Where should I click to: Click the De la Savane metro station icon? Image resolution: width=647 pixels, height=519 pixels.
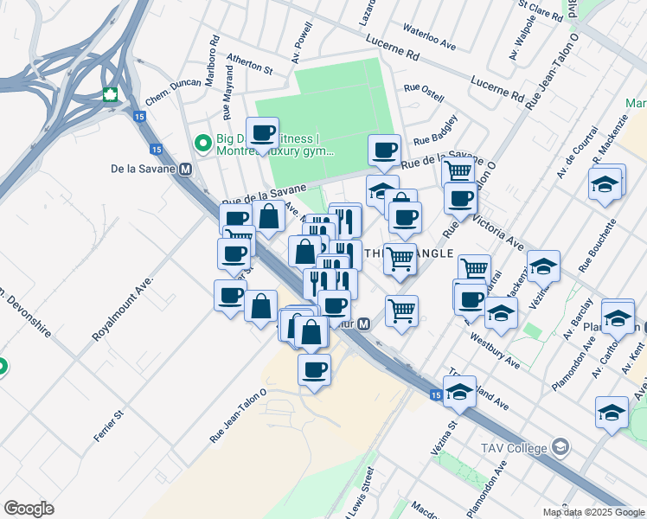pyautogui.click(x=185, y=170)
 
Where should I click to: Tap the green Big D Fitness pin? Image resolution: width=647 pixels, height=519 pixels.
pyautogui.click(x=202, y=143)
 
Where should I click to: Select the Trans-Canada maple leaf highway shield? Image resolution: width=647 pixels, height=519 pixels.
pyautogui.click(x=110, y=94)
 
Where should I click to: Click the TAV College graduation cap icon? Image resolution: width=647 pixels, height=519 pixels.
pyautogui.click(x=561, y=447)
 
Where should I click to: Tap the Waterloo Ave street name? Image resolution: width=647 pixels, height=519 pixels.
pyautogui.click(x=428, y=36)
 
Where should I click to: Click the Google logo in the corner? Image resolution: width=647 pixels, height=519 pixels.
pyautogui.click(x=29, y=509)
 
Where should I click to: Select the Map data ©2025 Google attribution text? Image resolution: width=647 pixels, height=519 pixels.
pyautogui.click(x=593, y=512)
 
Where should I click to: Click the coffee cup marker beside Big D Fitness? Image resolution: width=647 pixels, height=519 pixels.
pyautogui.click(x=262, y=133)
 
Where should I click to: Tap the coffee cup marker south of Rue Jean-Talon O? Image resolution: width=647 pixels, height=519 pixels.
pyautogui.click(x=314, y=370)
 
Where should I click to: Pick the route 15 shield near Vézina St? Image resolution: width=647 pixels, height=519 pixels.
pyautogui.click(x=436, y=394)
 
